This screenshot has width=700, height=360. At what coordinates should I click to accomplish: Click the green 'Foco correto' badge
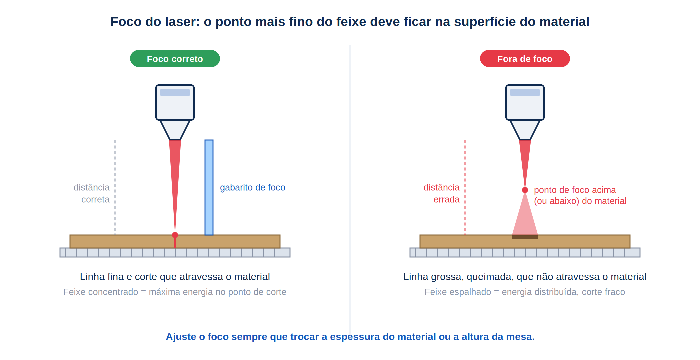point(175,59)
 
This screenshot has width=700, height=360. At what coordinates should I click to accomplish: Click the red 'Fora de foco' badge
point(525,59)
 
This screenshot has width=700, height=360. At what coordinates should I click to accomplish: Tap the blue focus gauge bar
point(209,187)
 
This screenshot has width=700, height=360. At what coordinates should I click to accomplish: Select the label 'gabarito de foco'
point(253,187)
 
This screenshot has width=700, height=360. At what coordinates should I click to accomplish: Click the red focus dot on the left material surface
point(175,235)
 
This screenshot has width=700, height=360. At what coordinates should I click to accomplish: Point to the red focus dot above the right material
point(525,190)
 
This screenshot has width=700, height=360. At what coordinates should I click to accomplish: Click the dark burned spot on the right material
point(525,237)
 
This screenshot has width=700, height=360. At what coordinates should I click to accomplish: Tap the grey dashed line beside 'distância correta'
point(115,187)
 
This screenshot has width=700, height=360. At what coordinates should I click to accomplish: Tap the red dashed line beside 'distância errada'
point(465,187)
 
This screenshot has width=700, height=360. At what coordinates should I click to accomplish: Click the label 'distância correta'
point(92,193)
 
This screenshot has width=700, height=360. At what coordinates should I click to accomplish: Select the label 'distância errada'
point(442,193)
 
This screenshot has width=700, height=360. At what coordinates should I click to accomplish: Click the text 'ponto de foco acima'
point(575,190)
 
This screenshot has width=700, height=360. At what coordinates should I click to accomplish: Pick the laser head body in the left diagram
point(175,102)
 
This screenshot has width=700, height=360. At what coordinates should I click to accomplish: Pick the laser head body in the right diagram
point(525,102)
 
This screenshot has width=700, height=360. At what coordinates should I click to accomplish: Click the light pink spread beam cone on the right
point(525,217)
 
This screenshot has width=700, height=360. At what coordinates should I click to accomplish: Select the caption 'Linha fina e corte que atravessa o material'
point(175,277)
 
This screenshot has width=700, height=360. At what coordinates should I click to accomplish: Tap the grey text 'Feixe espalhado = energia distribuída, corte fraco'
point(525,292)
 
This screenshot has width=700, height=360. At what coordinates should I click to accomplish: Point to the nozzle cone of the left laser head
point(175,130)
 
